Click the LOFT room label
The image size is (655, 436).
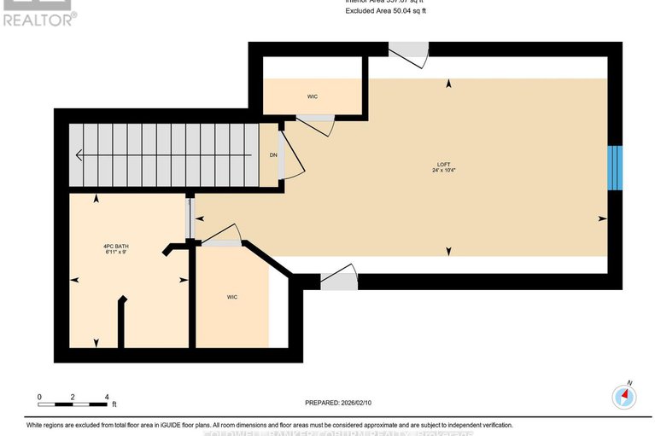[443, 164]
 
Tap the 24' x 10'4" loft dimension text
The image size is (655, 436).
[443, 171]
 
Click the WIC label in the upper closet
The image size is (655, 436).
[313, 96]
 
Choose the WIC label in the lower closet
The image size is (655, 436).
[231, 297]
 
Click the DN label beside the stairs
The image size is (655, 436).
[273, 155]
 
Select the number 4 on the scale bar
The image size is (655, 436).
[106, 397]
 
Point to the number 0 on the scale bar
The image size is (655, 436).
[39, 397]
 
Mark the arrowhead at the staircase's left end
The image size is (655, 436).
[79, 155]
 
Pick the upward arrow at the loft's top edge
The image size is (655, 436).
[448, 83]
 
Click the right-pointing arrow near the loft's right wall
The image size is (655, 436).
[602, 218]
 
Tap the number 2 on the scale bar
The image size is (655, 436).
[73, 397]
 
